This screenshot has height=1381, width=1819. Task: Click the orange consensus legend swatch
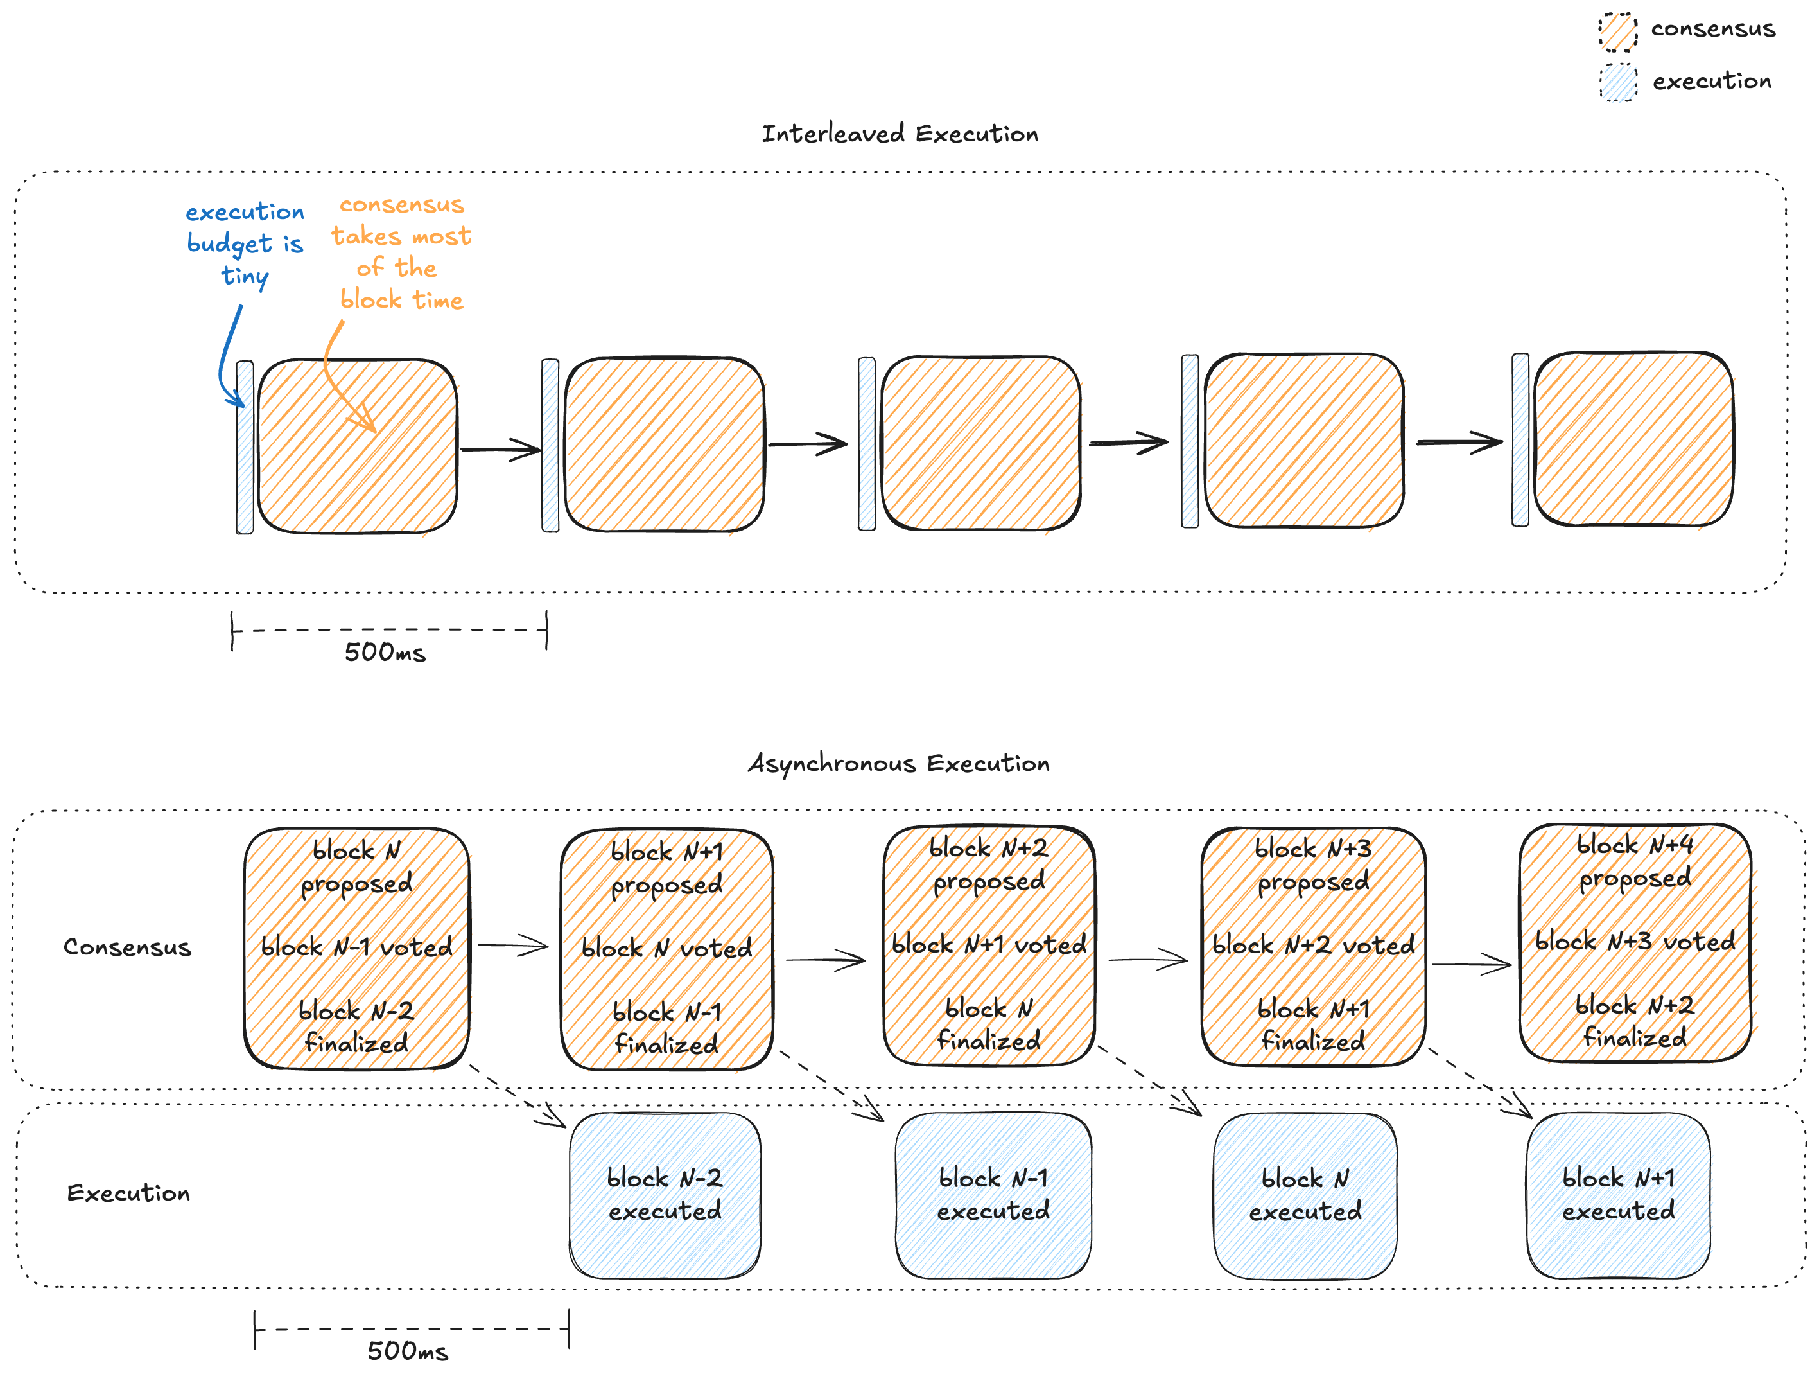coord(1617,32)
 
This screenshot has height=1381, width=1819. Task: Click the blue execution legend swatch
coord(1617,82)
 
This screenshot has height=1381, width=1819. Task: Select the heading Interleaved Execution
coord(900,133)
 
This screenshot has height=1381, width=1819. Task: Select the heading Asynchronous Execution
coord(898,763)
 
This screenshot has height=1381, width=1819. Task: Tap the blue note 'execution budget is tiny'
coord(245,243)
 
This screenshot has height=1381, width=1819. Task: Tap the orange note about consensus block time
coord(401,252)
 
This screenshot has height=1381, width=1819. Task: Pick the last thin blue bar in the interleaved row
coord(1520,440)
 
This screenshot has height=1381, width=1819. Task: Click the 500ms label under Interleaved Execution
coord(385,652)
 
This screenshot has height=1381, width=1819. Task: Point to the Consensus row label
coord(128,947)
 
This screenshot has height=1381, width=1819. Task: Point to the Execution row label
coord(128,1193)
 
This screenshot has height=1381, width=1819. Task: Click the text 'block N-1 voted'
coord(356,947)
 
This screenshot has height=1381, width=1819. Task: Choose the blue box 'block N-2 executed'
coord(665,1195)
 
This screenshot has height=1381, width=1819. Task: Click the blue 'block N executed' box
coord(1305,1195)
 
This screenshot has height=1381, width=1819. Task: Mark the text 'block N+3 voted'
coord(1635,941)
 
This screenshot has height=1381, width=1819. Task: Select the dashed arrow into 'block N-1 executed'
coord(831,1085)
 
